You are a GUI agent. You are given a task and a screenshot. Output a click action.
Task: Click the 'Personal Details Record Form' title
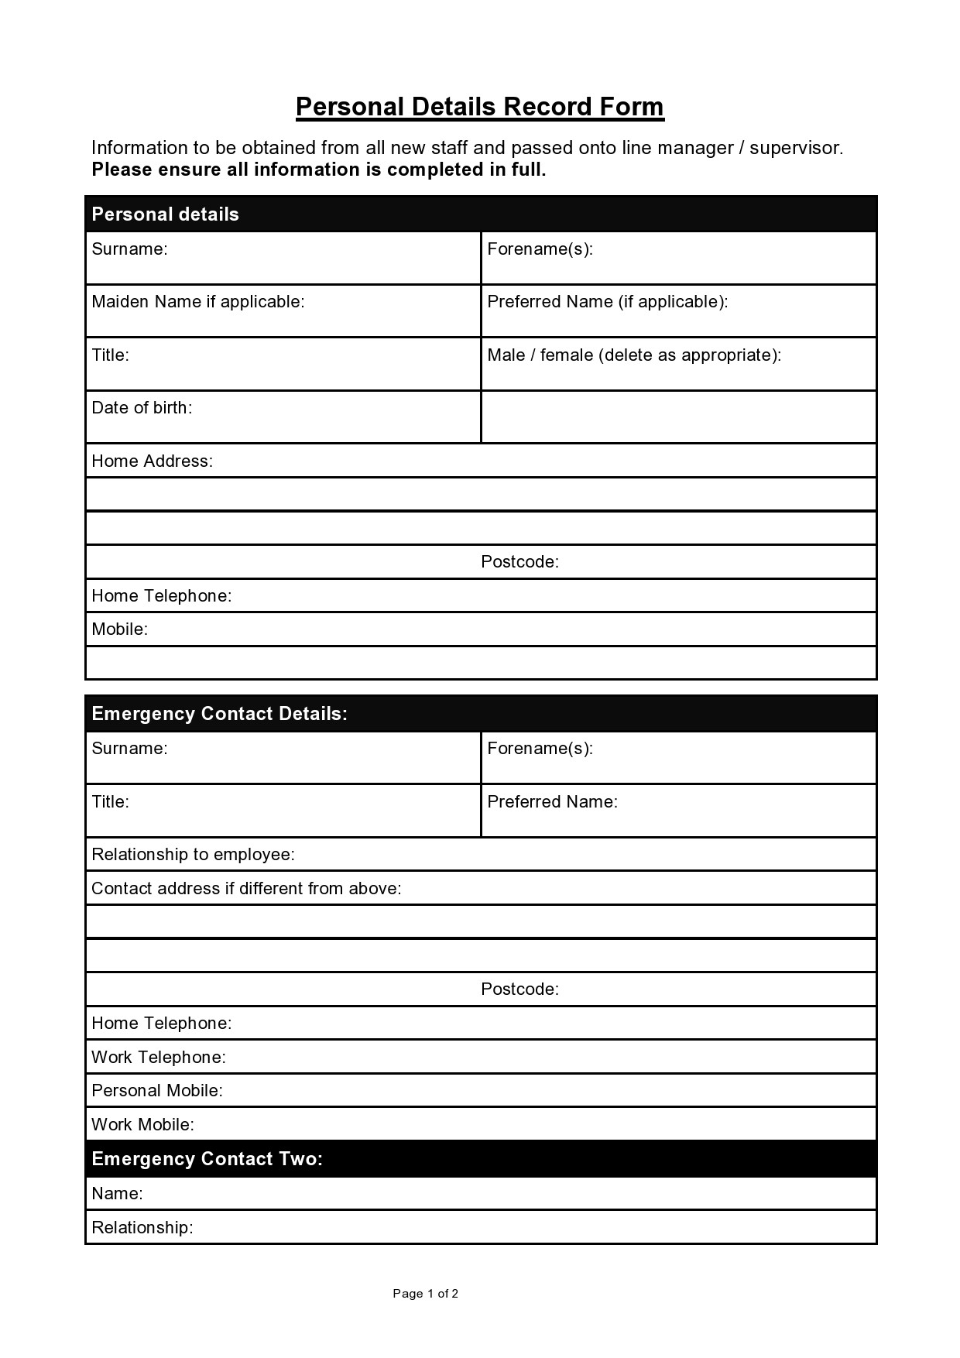479,107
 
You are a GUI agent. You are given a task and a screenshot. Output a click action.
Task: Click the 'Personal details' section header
165,214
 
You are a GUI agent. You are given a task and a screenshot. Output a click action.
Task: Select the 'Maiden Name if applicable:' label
197,302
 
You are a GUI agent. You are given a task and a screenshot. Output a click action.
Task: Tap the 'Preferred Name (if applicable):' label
607,302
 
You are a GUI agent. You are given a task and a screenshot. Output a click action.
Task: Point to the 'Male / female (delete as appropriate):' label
633,355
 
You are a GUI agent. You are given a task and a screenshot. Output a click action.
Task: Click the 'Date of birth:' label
142,408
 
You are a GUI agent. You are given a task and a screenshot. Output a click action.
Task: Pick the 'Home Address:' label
152,461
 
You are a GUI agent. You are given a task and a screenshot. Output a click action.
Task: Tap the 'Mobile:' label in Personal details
119,629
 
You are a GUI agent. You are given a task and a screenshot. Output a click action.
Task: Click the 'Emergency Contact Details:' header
219,714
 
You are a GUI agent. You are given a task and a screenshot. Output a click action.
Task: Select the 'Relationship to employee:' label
193,855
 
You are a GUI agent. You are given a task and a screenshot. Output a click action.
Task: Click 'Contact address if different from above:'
246,889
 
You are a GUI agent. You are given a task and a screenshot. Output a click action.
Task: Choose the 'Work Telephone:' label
159,1058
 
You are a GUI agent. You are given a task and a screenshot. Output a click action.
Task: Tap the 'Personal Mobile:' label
157,1091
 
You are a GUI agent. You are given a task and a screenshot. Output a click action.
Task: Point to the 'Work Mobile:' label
142,1125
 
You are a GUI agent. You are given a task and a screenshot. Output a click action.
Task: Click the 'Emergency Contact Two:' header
207,1159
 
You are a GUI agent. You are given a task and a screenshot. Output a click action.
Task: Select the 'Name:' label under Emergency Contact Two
117,1194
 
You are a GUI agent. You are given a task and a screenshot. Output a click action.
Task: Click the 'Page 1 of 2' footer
425,1294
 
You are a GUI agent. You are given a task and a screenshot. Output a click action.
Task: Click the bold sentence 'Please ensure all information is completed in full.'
318,170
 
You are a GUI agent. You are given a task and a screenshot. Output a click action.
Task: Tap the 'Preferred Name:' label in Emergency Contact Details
552,802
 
